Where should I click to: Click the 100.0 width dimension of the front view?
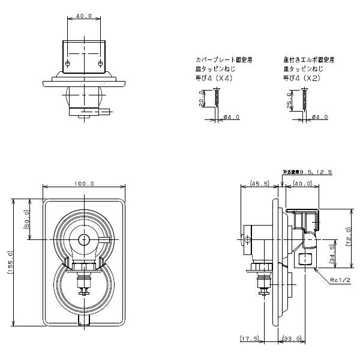[x=85, y=184]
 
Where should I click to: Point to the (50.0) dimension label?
[x=27, y=222]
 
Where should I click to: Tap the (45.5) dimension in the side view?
[x=260, y=184]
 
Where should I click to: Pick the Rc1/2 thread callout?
[x=340, y=280]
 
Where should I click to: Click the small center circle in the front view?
[x=85, y=239]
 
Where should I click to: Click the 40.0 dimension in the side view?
[x=303, y=184]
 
